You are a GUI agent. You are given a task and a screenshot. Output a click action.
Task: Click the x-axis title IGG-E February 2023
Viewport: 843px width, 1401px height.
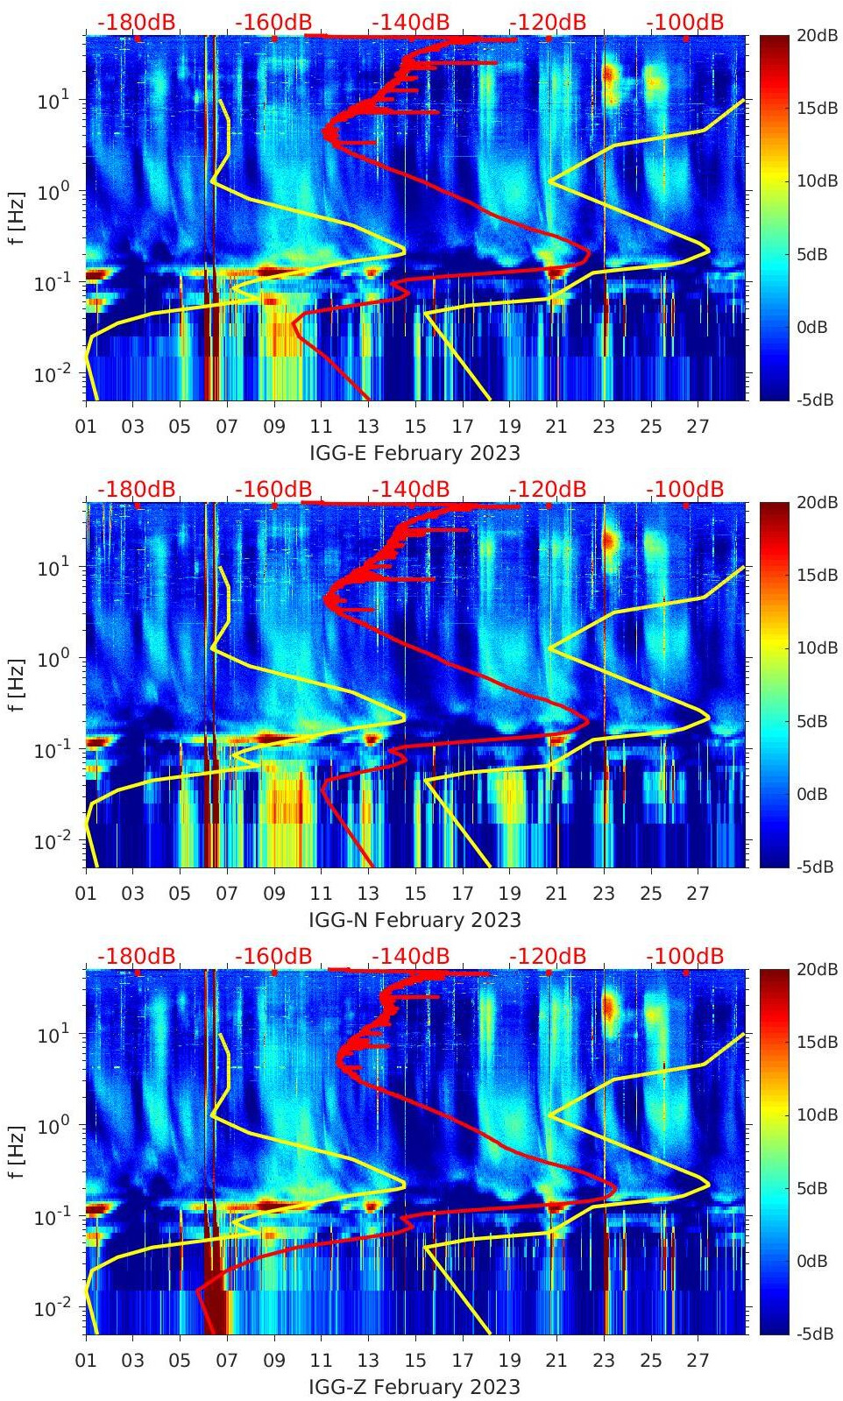[x=414, y=453]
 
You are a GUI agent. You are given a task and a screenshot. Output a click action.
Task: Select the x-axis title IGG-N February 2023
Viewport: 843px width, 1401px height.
[x=414, y=920]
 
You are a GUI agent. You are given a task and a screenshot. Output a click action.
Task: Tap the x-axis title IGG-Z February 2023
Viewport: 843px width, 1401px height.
[x=414, y=1387]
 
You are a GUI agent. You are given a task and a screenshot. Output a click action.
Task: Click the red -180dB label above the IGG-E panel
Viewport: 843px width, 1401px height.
[x=136, y=22]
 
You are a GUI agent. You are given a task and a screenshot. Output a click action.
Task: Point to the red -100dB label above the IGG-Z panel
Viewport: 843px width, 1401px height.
[x=685, y=956]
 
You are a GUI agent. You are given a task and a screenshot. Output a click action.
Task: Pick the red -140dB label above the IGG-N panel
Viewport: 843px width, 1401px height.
[x=410, y=489]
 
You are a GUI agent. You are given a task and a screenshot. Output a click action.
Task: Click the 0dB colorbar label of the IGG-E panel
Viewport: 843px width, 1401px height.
[x=811, y=327]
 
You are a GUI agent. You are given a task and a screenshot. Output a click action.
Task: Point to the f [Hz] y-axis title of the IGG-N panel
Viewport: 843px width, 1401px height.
[x=16, y=684]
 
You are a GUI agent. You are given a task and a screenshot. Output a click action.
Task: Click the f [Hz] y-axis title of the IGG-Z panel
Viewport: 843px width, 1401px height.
[x=16, y=1151]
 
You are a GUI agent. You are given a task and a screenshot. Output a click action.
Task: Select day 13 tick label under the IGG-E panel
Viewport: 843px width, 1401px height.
[x=368, y=427]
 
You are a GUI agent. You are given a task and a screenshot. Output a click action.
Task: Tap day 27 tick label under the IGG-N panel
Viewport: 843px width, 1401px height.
[x=698, y=894]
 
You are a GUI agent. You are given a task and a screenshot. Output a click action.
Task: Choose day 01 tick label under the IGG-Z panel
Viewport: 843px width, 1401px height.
[x=86, y=1361]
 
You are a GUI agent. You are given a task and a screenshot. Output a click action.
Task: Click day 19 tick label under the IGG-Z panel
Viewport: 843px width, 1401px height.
[x=509, y=1361]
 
